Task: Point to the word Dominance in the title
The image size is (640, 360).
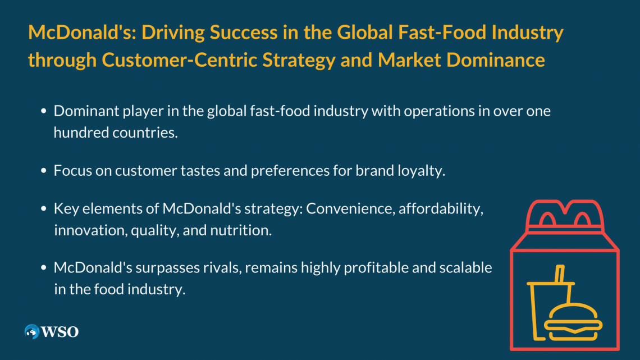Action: pyautogui.click(x=496, y=60)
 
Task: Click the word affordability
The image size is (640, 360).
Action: pyautogui.click(x=441, y=209)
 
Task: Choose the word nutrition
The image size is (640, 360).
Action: pyautogui.click(x=241, y=231)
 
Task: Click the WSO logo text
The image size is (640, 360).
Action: pyautogui.click(x=60, y=332)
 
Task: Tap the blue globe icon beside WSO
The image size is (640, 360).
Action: pyautogui.click(x=32, y=331)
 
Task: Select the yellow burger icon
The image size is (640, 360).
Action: pyautogui.click(x=573, y=322)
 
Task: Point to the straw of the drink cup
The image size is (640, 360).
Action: pyautogui.click(x=560, y=274)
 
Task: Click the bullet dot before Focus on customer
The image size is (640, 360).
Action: pyautogui.click(x=44, y=171)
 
